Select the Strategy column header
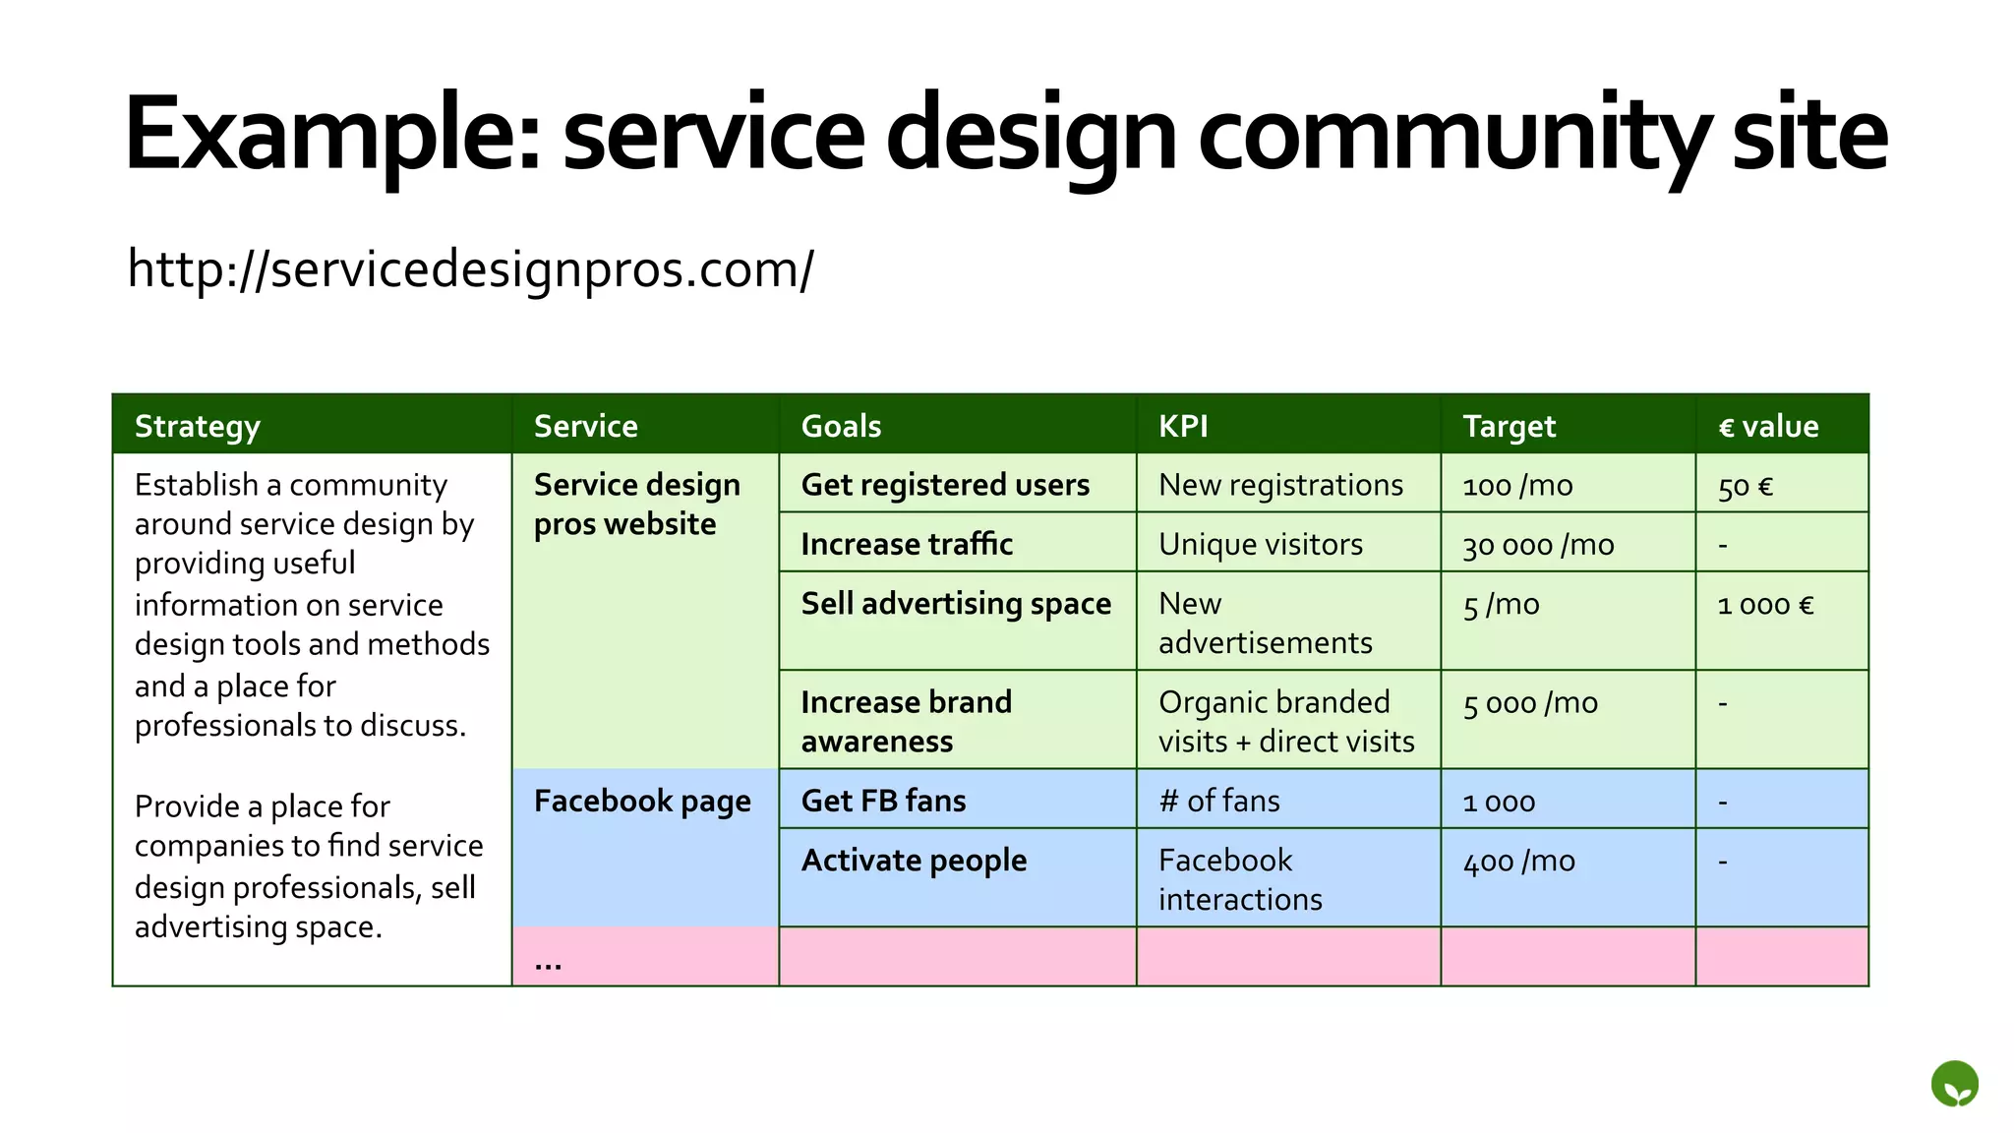pyautogui.click(x=198, y=426)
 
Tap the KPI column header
pyautogui.click(x=1183, y=426)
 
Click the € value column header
pyautogui.click(x=1768, y=426)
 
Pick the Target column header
pyautogui.click(x=1509, y=426)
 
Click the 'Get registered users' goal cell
pyautogui.click(x=945, y=485)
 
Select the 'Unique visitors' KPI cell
pyautogui.click(x=1261, y=544)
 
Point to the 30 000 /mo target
pyautogui.click(x=1538, y=544)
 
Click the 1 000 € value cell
pyautogui.click(x=1765, y=605)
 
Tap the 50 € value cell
pyautogui.click(x=1746, y=486)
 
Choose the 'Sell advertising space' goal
pyautogui.click(x=956, y=603)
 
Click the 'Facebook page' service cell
pyautogui.click(x=642, y=802)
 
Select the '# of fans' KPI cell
pyautogui.click(x=1219, y=801)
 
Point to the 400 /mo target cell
pyautogui.click(x=1519, y=862)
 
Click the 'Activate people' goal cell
pyautogui.click(x=914, y=861)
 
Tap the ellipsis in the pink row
pyautogui.click(x=548, y=964)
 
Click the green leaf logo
pyautogui.click(x=1954, y=1084)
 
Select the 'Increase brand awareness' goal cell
pyautogui.click(x=906, y=721)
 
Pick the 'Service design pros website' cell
pyautogui.click(x=636, y=505)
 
